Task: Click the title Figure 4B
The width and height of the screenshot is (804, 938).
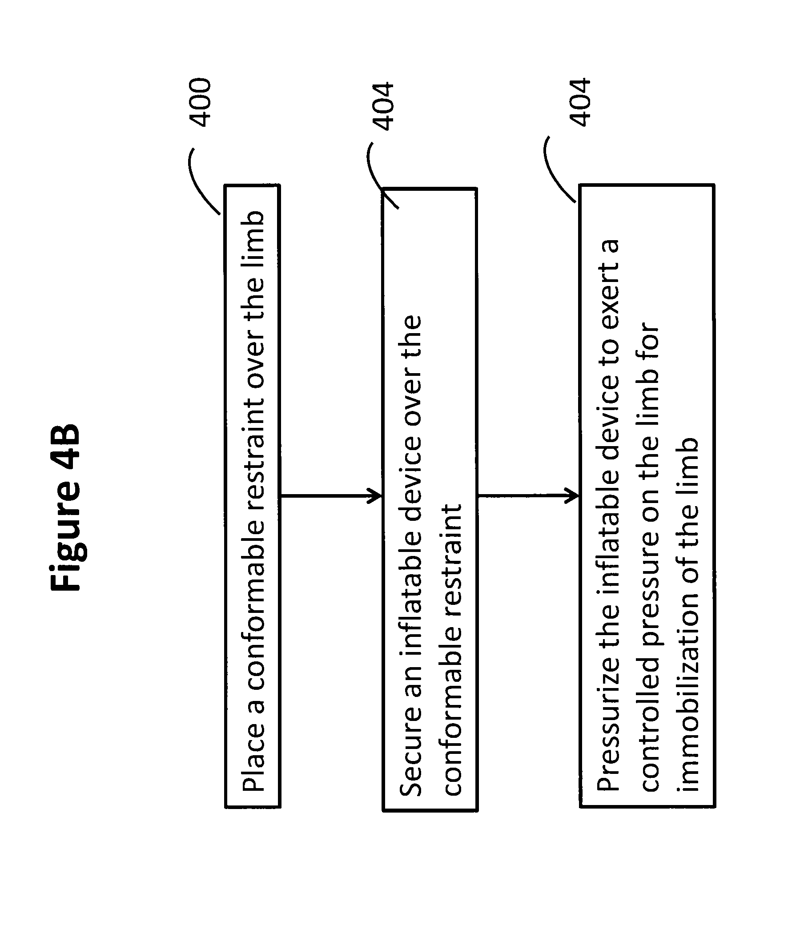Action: pyautogui.click(x=66, y=507)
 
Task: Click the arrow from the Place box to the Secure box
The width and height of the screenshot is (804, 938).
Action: pyautogui.click(x=331, y=496)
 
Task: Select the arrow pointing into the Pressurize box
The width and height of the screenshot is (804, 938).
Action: pyautogui.click(x=528, y=496)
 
